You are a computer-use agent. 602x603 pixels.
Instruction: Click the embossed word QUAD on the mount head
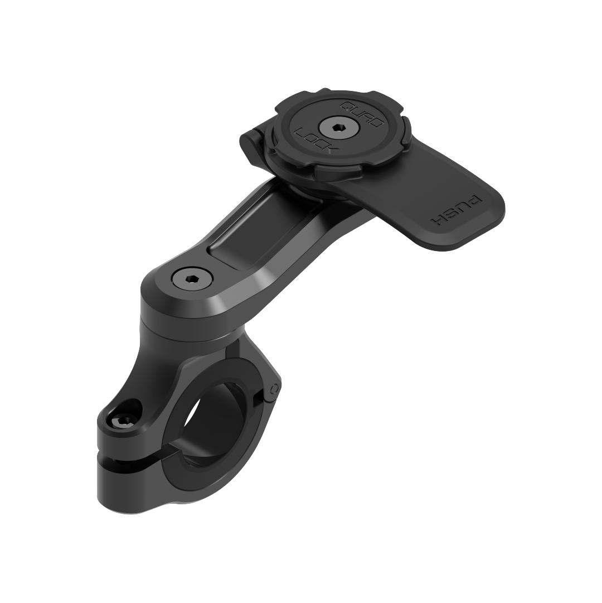click(362, 114)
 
